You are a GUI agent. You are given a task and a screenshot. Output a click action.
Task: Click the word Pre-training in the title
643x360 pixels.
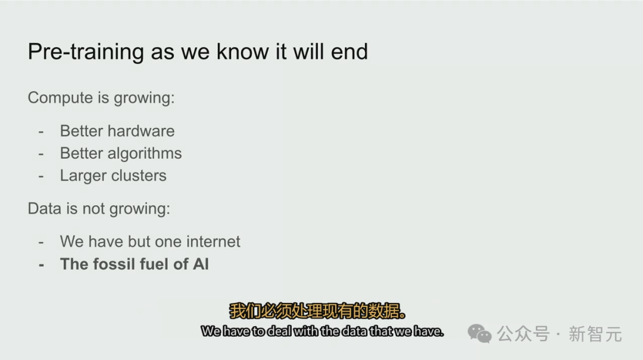(x=86, y=52)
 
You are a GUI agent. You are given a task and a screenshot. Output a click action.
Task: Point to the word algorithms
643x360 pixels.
(x=144, y=154)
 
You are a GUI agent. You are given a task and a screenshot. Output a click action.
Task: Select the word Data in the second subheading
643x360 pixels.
(x=44, y=209)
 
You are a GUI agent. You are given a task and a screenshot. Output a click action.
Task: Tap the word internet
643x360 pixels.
(x=213, y=242)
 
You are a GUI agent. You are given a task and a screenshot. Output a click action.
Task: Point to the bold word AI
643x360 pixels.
(x=201, y=264)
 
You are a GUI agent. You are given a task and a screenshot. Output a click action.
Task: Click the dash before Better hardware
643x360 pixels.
(x=41, y=132)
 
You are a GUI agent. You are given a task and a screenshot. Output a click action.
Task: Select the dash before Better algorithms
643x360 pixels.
(x=41, y=154)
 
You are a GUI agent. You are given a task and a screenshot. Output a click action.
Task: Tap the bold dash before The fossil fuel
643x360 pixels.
(x=41, y=265)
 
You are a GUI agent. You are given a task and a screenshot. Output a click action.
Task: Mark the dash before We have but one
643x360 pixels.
(x=41, y=243)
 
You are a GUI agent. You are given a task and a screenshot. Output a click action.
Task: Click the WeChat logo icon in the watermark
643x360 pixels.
(x=479, y=333)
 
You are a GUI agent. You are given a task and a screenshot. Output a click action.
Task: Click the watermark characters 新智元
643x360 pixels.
(x=595, y=334)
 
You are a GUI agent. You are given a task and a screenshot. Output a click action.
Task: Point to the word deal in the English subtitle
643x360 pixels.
(x=279, y=331)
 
